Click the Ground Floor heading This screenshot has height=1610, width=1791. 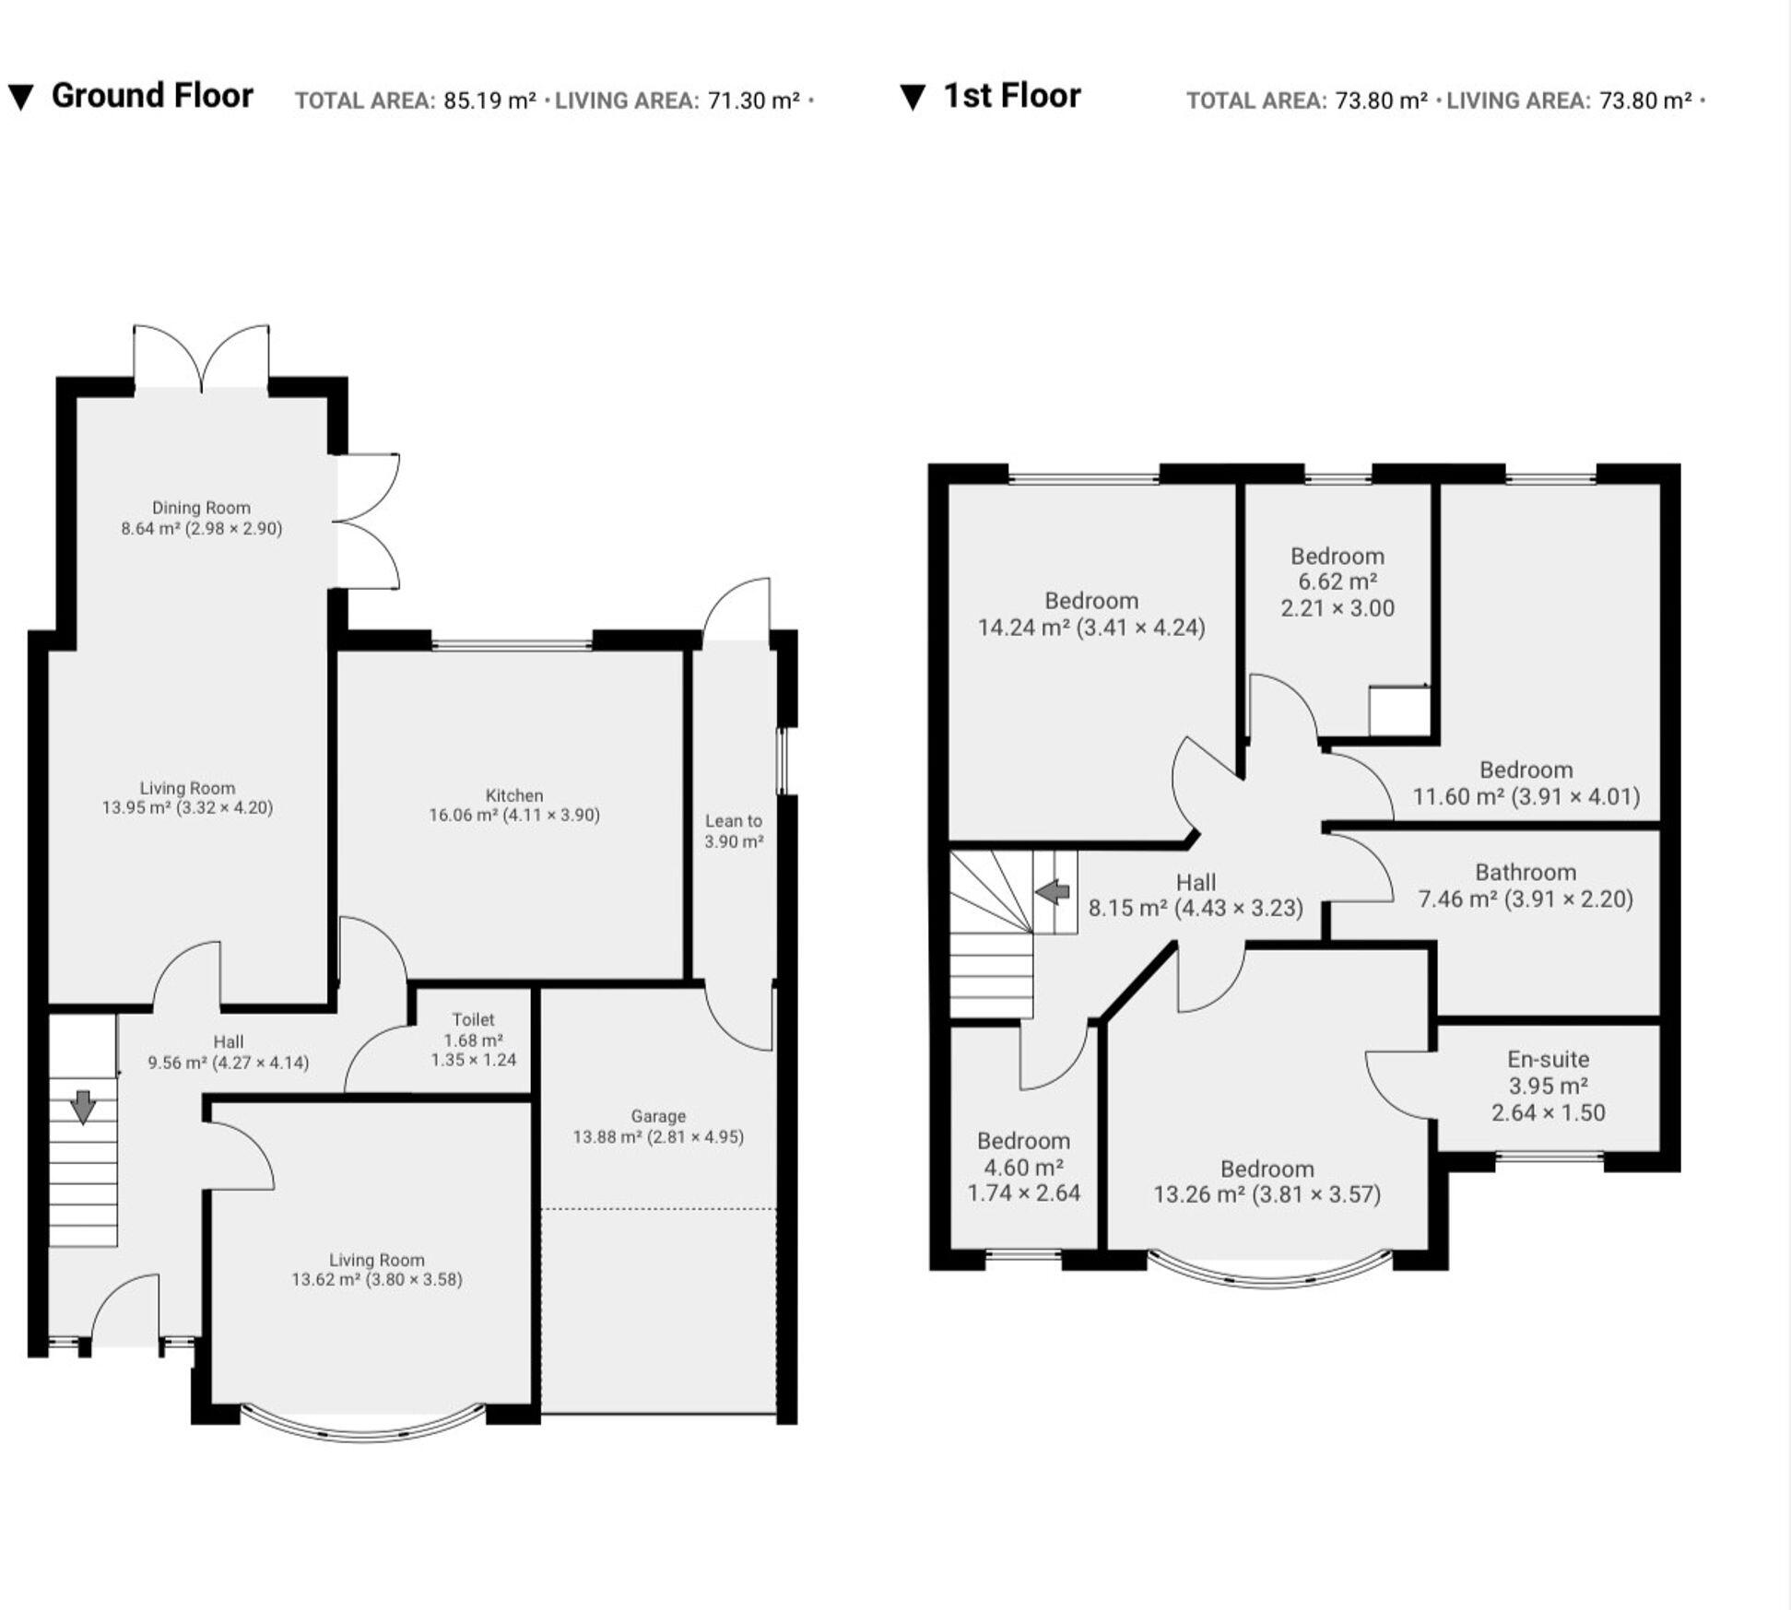pos(151,96)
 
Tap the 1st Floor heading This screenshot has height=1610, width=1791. pos(1011,96)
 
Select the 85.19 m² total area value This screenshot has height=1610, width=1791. pos(489,100)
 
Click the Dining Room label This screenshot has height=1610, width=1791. pos(201,508)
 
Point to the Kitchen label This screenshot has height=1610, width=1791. pos(514,795)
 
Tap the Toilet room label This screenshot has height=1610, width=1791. pos(473,1019)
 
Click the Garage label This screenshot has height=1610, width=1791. pos(657,1116)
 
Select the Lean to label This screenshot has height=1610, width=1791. pos(734,820)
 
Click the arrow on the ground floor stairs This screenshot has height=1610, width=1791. pos(83,1107)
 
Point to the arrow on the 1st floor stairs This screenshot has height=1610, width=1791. pos(1053,892)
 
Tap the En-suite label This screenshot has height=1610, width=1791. pos(1549,1059)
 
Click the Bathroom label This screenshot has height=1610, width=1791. pos(1526,872)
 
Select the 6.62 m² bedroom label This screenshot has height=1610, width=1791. pos(1337,582)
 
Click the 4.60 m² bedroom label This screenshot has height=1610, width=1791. pos(1023,1167)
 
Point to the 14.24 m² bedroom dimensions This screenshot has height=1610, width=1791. pos(1091,628)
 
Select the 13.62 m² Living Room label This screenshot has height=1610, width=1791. pos(377,1269)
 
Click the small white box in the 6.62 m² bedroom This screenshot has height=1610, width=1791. pos(1397,711)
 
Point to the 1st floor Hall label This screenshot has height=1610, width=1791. pos(1196,882)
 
